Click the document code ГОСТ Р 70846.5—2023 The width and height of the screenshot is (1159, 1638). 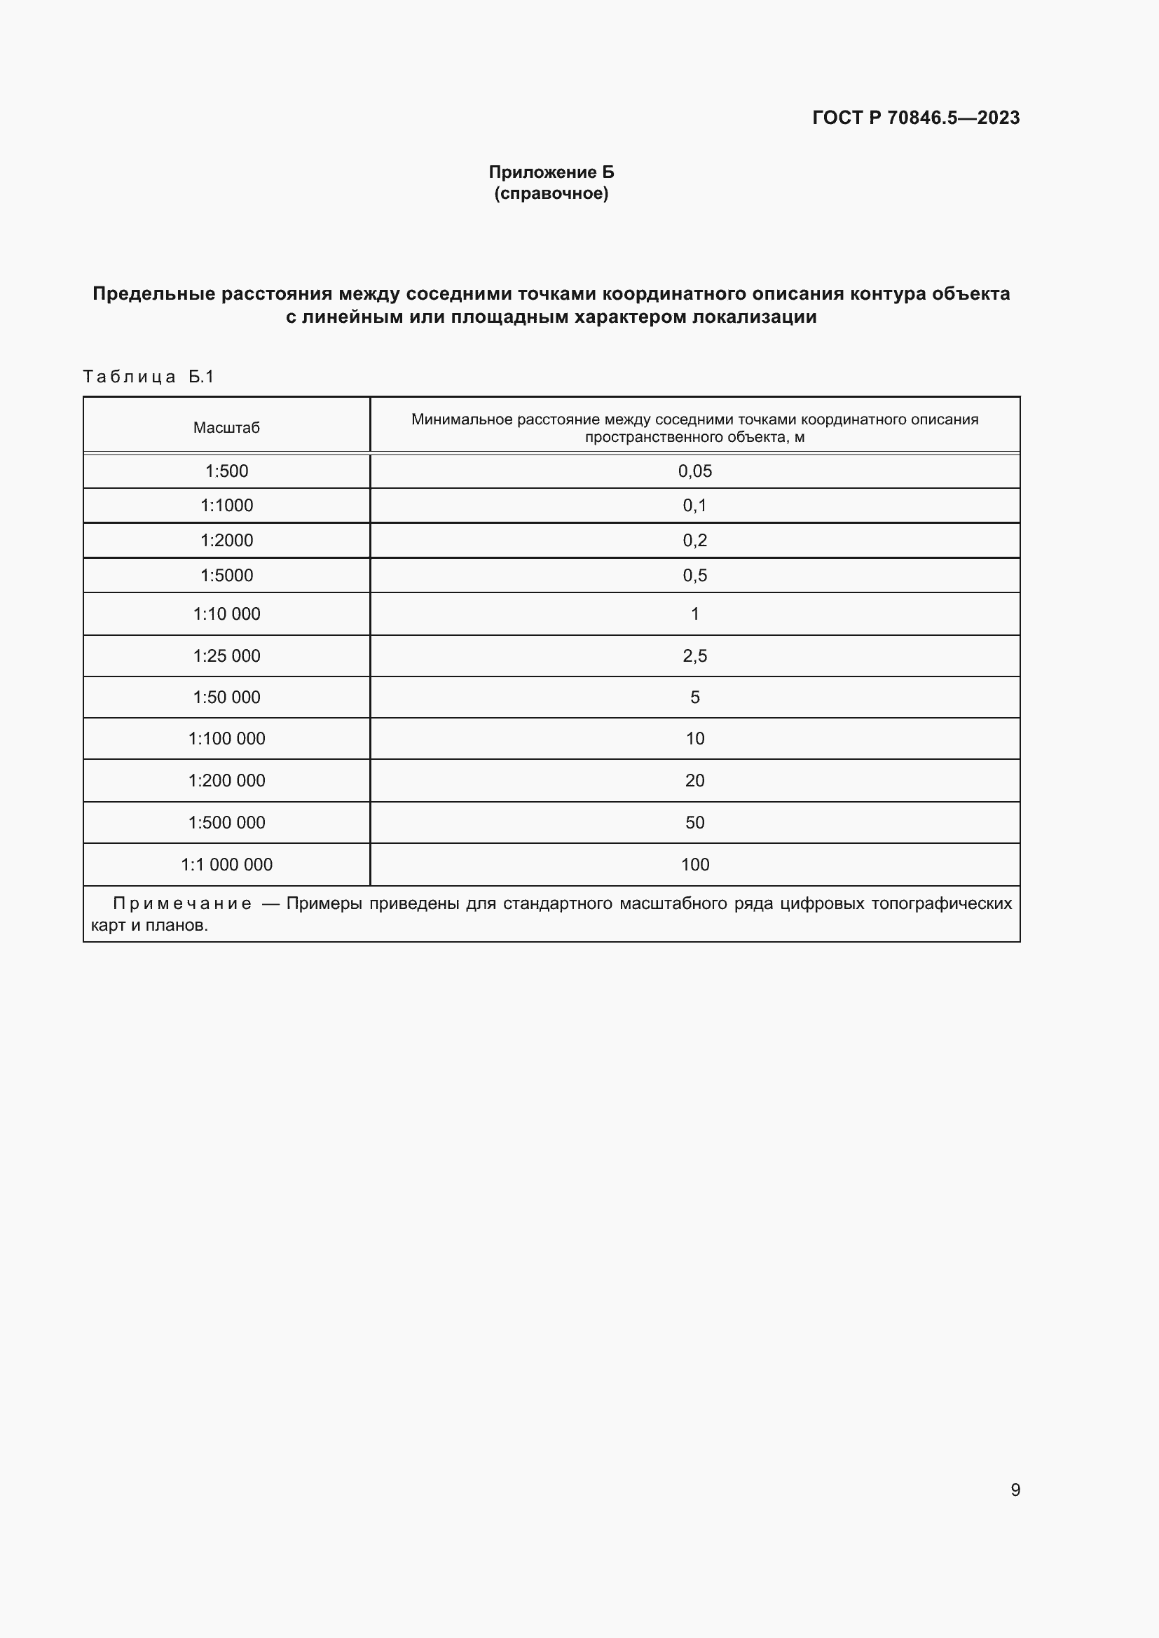[x=916, y=118]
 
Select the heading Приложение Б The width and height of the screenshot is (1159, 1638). [x=551, y=172]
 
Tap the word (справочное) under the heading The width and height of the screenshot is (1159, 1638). [x=551, y=193]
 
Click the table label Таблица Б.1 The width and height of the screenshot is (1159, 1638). [x=149, y=376]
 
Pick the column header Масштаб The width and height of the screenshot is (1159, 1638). [x=226, y=427]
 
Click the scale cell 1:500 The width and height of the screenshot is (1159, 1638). [x=226, y=471]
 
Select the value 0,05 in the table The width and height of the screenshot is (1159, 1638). [x=694, y=471]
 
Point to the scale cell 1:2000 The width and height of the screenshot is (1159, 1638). [x=226, y=540]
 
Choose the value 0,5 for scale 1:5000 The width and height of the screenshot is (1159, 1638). [x=694, y=575]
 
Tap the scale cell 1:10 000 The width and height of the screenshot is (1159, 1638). [x=226, y=613]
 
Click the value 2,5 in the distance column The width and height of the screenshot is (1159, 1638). [x=694, y=655]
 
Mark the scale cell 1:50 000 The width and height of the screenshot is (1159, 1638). [x=226, y=697]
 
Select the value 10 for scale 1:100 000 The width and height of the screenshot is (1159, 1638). [x=694, y=738]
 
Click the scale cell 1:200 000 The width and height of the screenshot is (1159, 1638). [x=226, y=780]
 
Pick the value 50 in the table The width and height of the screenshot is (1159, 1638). [x=694, y=823]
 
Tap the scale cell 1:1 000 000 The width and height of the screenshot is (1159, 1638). [x=226, y=865]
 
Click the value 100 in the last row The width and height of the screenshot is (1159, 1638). [x=694, y=865]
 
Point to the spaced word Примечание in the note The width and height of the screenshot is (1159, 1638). [x=182, y=903]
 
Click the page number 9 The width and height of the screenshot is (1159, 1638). [x=1015, y=1490]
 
